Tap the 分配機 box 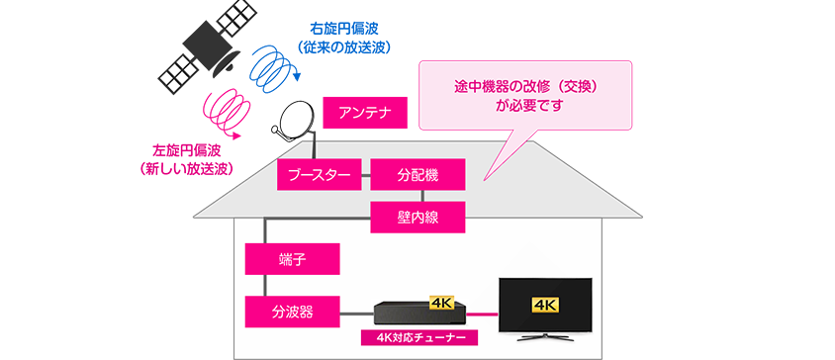click(417, 176)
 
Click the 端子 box click(292, 260)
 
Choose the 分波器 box click(292, 312)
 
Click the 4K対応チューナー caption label click(420, 338)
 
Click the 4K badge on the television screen click(546, 303)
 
